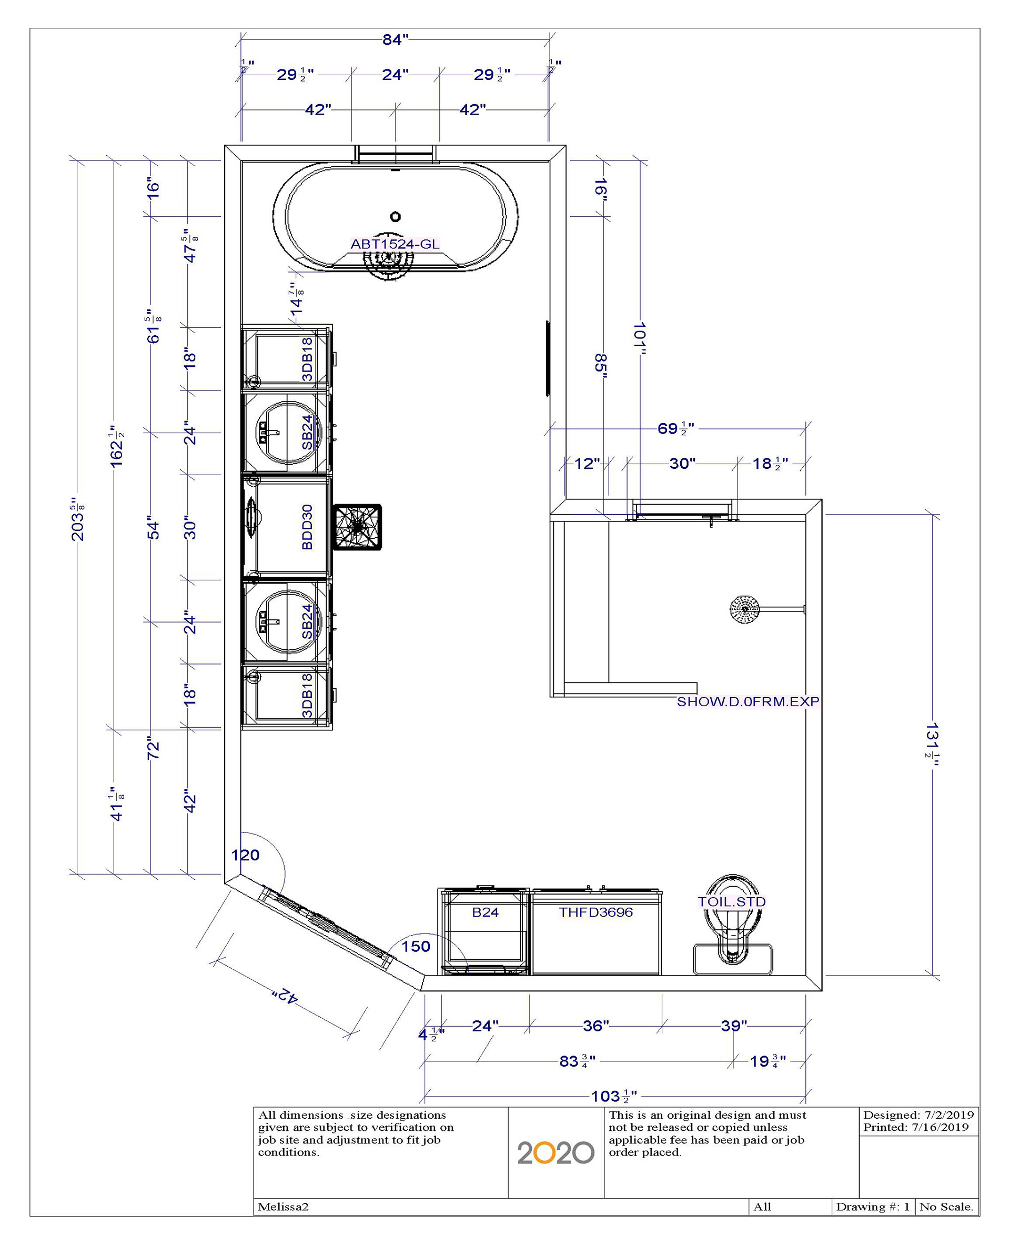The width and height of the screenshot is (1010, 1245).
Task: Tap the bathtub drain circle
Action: point(396,216)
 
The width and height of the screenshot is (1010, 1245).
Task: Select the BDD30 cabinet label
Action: point(307,527)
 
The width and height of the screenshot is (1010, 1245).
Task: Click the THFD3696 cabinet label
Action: point(596,912)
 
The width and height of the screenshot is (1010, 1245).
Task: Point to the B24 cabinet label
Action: point(485,912)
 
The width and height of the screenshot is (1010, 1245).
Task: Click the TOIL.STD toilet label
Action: point(732,901)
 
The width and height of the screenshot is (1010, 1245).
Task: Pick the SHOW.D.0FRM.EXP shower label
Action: point(748,701)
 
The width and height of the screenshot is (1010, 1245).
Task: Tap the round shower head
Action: point(745,610)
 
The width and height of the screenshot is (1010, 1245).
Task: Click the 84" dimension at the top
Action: point(396,39)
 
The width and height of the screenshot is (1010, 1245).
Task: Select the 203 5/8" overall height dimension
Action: point(77,519)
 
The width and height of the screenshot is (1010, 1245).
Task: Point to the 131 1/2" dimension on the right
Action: point(932,740)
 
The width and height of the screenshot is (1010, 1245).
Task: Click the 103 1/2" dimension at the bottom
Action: point(614,1096)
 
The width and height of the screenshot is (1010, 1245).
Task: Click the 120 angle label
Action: point(246,855)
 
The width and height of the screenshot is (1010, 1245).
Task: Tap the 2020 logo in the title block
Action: point(555,1152)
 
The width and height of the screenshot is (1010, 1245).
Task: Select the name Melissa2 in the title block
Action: point(284,1207)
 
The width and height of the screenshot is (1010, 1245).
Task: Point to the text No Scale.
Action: point(946,1207)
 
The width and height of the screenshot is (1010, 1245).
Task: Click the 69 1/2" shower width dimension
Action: point(675,428)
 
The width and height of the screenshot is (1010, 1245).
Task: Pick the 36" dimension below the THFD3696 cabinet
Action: point(596,1026)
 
